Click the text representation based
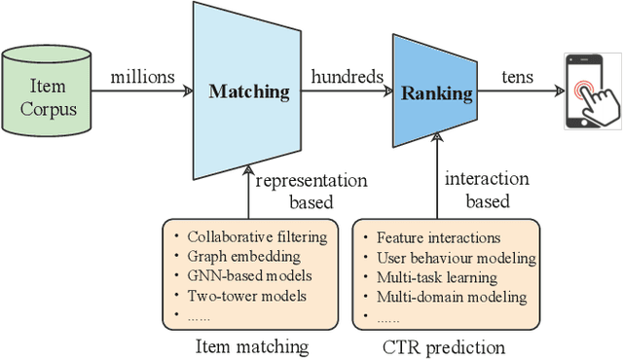coord(311,191)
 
